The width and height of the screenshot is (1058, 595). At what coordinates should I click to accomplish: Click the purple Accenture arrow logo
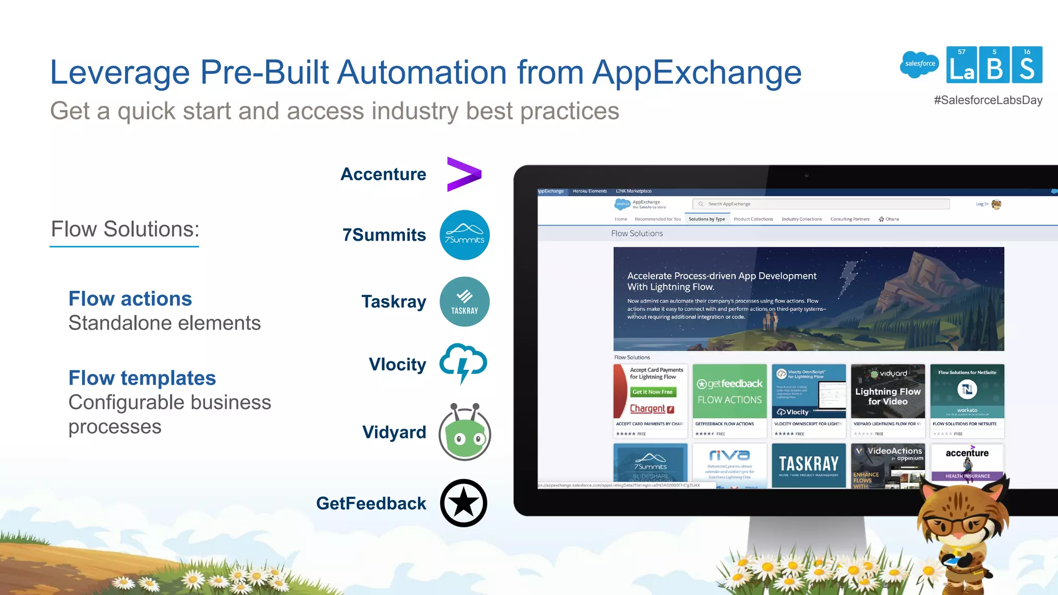point(464,174)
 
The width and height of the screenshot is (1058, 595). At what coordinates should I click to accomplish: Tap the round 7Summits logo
point(464,235)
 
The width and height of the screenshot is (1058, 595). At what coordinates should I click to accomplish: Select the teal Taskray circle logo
point(464,302)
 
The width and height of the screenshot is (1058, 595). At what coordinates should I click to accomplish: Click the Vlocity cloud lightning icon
point(463,363)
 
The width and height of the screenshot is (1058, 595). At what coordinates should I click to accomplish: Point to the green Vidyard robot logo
point(464,433)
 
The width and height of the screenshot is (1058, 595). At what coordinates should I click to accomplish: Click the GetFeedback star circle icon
point(463,503)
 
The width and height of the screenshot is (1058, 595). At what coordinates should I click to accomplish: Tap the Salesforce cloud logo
point(920,64)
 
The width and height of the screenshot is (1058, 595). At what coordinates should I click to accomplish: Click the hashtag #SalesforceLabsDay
point(988,100)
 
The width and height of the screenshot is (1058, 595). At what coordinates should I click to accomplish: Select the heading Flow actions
point(130,299)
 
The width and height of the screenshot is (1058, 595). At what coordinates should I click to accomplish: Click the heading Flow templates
point(142,378)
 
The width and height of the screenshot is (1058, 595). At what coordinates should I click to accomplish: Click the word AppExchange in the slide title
point(697,72)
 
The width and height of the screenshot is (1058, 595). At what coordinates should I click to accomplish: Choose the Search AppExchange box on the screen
point(821,204)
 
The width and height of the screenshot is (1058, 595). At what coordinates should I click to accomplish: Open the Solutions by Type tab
point(706,219)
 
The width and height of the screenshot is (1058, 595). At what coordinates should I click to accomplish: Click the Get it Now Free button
point(652,392)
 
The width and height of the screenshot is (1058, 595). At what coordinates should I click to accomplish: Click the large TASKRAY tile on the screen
point(808,465)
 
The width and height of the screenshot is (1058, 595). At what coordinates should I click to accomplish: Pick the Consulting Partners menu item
point(850,219)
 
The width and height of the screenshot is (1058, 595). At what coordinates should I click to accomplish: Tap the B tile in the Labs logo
point(994,66)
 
